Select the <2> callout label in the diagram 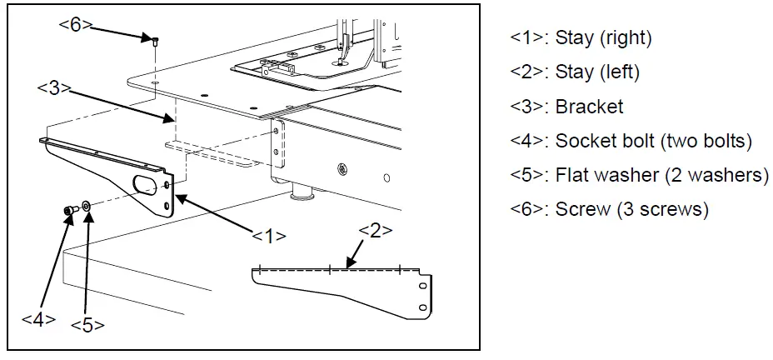coord(375,231)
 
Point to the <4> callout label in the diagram coord(38,317)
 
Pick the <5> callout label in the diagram coord(87,324)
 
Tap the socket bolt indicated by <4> coord(69,211)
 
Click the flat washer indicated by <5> coord(87,205)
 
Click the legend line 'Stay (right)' coord(581,37)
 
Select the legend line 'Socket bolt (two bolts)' coord(631,141)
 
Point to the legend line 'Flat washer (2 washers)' coord(640,175)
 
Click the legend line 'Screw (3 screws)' coord(610,209)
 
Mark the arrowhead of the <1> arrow coord(177,195)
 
